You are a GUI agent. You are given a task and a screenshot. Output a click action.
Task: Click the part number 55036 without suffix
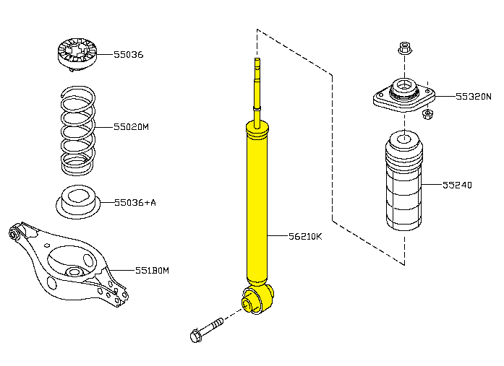click(129, 55)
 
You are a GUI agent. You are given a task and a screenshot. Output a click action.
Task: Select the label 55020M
click(131, 127)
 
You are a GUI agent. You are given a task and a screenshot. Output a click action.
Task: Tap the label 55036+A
click(135, 203)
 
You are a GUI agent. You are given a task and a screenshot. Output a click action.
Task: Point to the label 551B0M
click(152, 271)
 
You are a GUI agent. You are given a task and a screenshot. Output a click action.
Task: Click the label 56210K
click(305, 236)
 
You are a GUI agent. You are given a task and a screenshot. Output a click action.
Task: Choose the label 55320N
click(474, 96)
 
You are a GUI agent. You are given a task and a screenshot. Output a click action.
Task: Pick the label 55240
click(457, 185)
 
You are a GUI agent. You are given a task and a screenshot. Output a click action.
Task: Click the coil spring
click(78, 131)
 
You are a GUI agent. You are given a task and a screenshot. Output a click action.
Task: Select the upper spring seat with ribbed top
click(77, 54)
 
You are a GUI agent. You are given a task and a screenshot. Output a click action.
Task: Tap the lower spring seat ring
click(78, 202)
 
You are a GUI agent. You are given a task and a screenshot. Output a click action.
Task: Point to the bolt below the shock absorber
click(206, 330)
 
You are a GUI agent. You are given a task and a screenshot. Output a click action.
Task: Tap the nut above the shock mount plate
click(405, 48)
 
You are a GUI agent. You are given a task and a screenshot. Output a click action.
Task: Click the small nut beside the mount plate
click(427, 114)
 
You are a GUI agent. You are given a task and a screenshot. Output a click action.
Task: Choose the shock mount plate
click(404, 95)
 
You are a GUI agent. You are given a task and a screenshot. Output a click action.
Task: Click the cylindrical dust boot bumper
click(404, 180)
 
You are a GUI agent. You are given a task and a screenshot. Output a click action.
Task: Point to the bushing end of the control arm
click(14, 234)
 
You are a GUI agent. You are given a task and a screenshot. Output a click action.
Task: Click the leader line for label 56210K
click(278, 236)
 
